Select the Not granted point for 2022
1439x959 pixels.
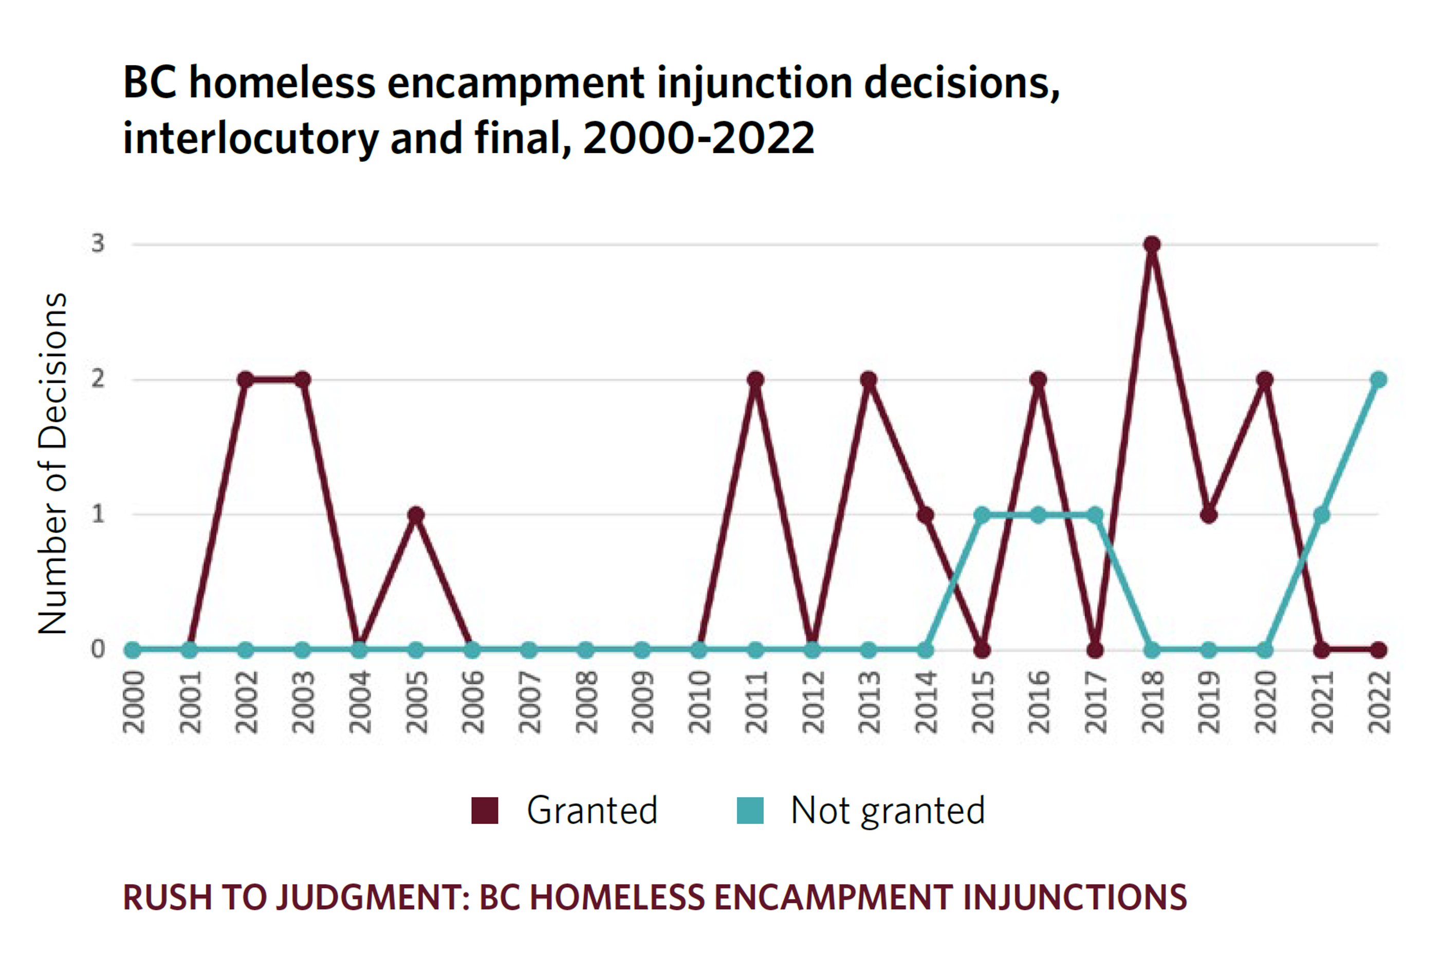(1378, 380)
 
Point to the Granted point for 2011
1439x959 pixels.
(755, 380)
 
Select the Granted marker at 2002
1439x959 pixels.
(245, 380)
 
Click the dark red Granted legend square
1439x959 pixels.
(485, 811)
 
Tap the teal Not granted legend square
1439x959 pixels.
(750, 811)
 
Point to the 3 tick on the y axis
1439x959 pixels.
(98, 243)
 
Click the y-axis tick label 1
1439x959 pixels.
(98, 514)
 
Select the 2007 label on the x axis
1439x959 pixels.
(529, 702)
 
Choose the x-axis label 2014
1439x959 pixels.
(926, 702)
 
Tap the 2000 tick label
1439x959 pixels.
(134, 702)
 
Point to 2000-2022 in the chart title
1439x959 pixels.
(699, 138)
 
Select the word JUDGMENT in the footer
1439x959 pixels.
(373, 897)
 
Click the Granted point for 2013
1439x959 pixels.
(869, 380)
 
